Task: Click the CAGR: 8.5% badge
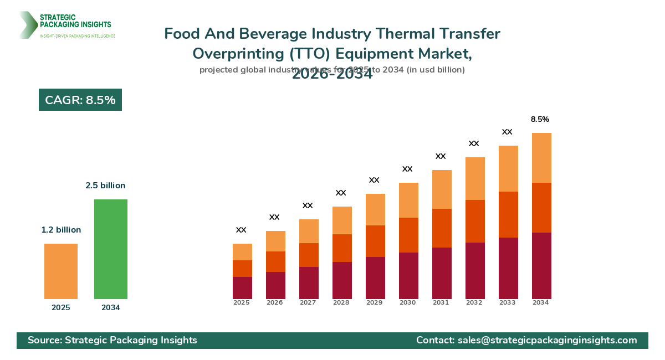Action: tap(80, 100)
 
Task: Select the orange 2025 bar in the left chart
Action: tap(61, 271)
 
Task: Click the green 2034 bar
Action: tap(111, 249)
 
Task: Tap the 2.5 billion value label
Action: tap(105, 186)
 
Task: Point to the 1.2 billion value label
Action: tap(61, 230)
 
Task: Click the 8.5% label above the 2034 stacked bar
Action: tap(540, 119)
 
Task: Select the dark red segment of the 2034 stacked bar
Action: tap(541, 266)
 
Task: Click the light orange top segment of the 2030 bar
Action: tap(408, 200)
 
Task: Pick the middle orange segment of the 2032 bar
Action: tap(475, 221)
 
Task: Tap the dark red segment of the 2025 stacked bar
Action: tap(242, 288)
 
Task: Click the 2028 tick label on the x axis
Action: tap(341, 303)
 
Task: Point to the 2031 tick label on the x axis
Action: tap(441, 303)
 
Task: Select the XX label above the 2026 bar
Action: tap(274, 217)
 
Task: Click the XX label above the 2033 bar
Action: tap(507, 132)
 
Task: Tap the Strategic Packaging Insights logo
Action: tap(66, 25)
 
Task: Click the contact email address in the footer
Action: tap(547, 340)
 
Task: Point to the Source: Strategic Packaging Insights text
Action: tap(112, 340)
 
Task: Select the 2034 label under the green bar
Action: tap(111, 308)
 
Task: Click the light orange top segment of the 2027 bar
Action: tap(309, 231)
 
